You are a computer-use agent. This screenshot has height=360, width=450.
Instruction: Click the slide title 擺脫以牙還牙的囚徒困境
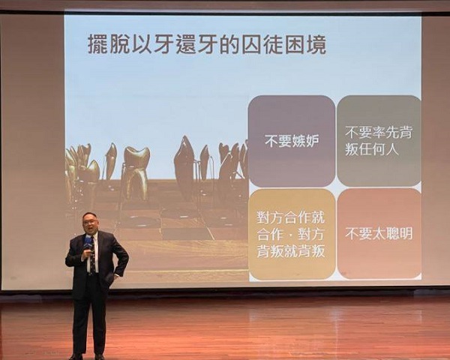tap(207, 44)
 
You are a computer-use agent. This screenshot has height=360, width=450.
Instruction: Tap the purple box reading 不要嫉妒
tap(292, 141)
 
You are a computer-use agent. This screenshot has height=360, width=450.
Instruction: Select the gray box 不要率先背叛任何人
tap(379, 141)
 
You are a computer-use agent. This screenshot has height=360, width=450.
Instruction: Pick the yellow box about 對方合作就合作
tap(292, 234)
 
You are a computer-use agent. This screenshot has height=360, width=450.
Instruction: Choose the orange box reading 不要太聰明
tap(379, 234)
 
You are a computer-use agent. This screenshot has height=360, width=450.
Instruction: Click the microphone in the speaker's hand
tap(88, 244)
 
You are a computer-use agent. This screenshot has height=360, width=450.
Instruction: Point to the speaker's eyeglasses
tap(89, 222)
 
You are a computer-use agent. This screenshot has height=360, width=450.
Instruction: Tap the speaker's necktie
tap(93, 257)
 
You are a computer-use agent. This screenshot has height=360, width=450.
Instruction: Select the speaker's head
tap(89, 223)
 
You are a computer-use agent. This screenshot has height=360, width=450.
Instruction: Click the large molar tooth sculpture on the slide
tap(136, 172)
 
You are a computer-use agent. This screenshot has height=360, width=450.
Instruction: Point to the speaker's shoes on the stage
tap(87, 357)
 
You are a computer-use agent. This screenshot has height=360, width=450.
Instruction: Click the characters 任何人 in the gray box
tap(372, 149)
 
